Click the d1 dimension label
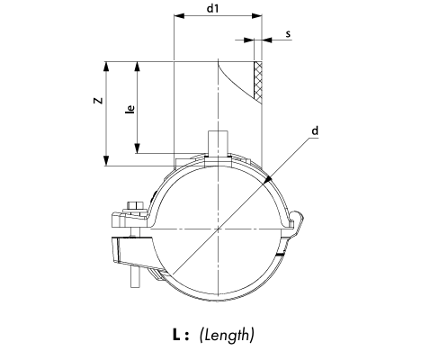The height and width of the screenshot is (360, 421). [212, 8]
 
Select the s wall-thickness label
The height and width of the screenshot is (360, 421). [288, 34]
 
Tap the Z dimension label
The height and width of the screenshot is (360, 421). [98, 101]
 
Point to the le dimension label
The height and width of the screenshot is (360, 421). [130, 109]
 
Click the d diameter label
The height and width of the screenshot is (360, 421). [315, 131]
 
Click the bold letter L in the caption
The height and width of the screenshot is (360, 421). [176, 335]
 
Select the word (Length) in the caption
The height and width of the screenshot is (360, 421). [227, 335]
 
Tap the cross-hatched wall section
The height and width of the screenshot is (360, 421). [258, 80]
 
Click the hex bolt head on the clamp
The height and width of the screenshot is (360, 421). [137, 205]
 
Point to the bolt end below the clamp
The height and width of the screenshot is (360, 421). [136, 276]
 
